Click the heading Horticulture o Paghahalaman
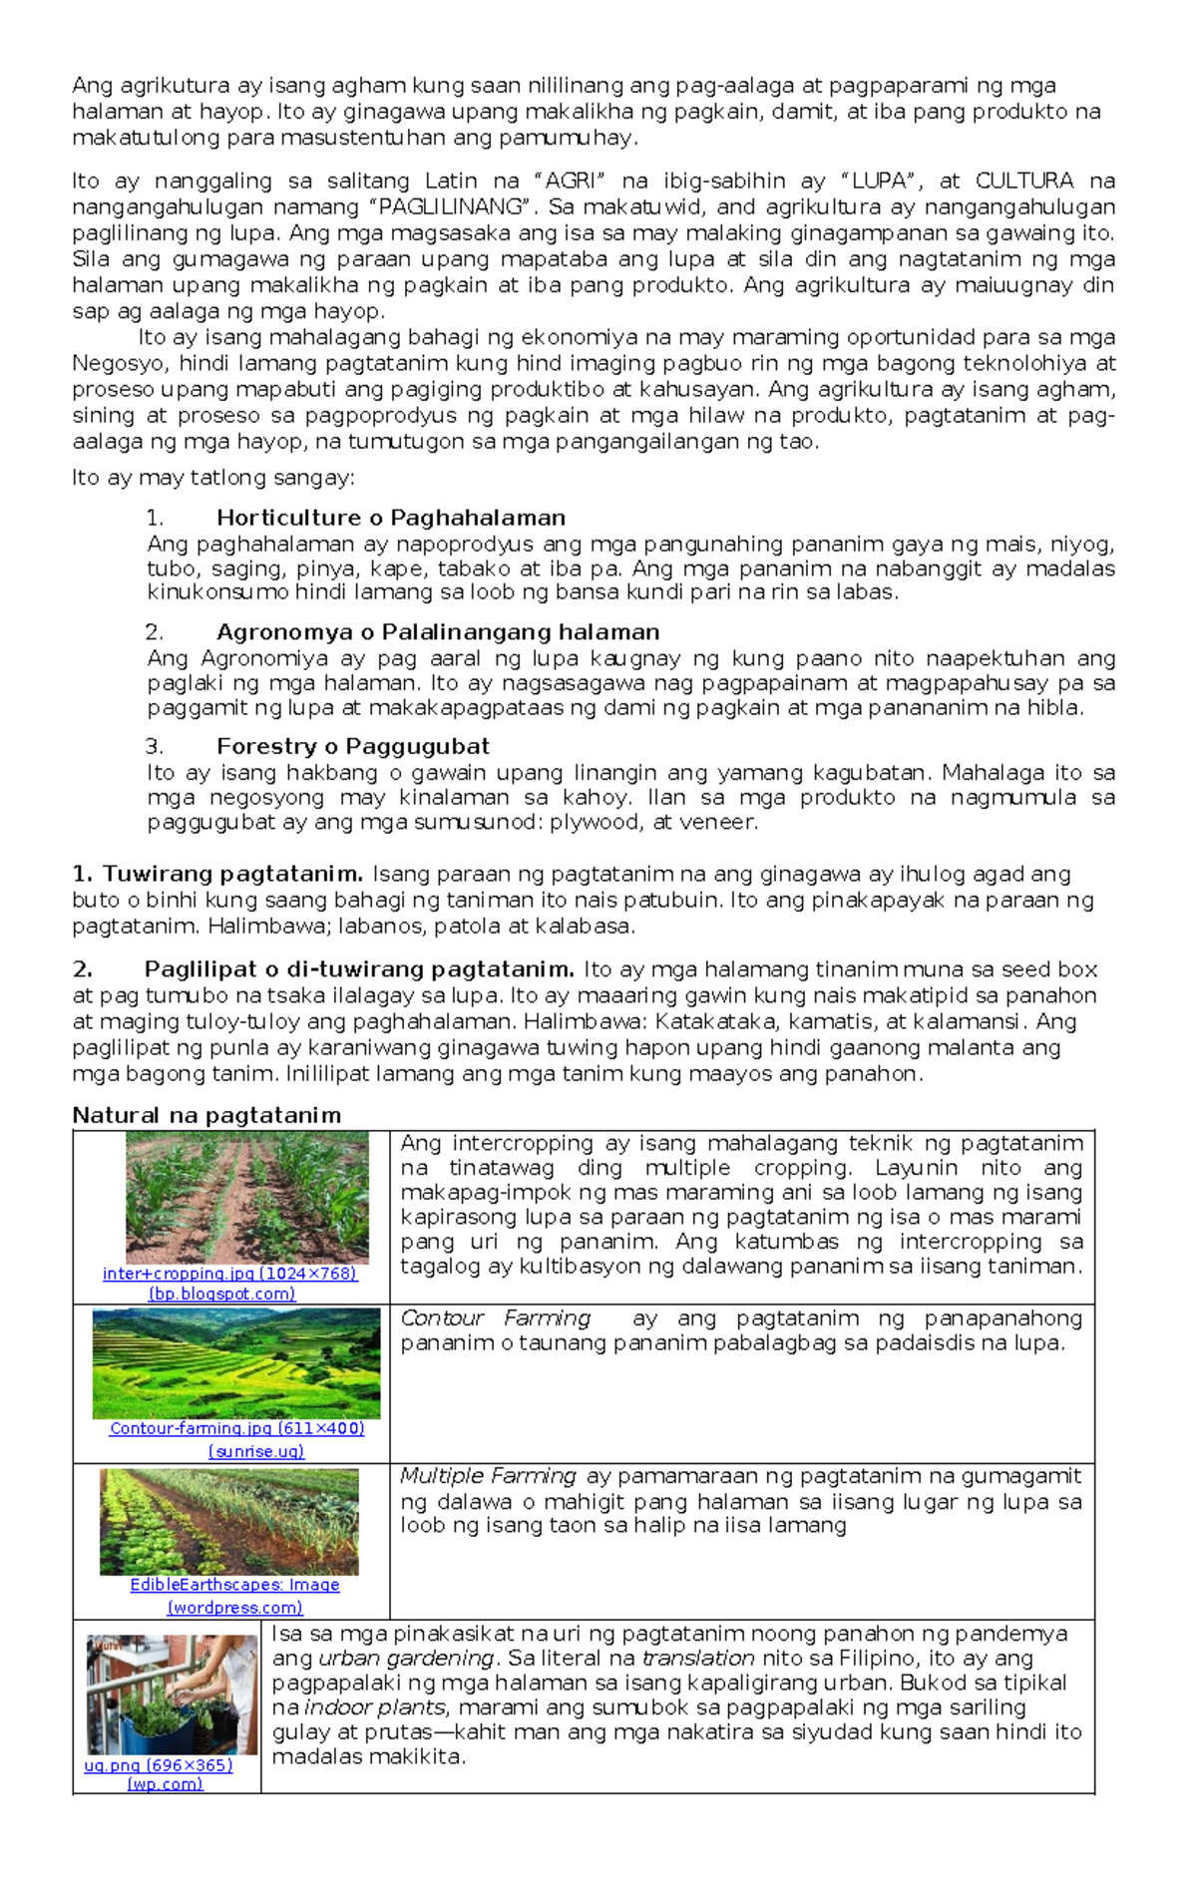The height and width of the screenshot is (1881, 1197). coord(390,518)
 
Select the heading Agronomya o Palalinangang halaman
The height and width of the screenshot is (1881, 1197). coord(438,632)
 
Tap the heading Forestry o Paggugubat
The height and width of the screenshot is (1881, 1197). coord(352,746)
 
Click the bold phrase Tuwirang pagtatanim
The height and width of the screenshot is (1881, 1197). coord(231,874)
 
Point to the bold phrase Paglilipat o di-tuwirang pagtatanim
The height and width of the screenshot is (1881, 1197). coord(359,969)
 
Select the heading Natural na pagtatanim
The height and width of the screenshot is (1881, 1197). coord(206,1115)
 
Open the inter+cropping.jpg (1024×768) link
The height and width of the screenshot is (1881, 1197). coord(229,1274)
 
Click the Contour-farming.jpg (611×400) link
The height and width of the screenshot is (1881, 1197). coord(236,1428)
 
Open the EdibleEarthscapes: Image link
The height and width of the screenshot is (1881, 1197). coord(234,1585)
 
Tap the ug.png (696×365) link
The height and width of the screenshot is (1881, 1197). coord(158,1765)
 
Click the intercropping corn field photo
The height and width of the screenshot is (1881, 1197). coord(246,1197)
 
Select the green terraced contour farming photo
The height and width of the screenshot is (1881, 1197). coord(236,1363)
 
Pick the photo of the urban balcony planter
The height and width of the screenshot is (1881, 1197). coord(172,1694)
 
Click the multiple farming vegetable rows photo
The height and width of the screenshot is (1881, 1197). coord(228,1522)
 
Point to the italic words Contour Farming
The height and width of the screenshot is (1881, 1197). coord(495,1318)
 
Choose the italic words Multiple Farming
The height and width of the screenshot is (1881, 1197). coord(488,1476)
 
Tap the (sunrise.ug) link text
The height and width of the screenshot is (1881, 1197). coord(256,1452)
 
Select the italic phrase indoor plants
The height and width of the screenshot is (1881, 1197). coord(374,1707)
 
